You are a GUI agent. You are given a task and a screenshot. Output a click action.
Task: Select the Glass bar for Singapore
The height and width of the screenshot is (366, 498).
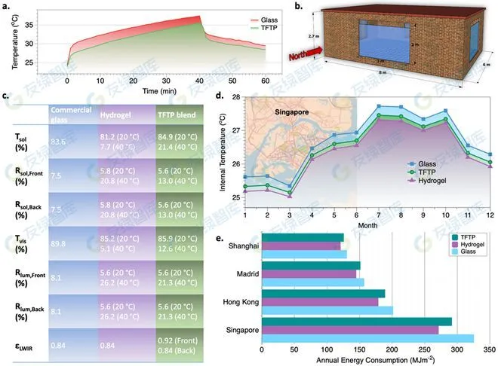click(x=367, y=338)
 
